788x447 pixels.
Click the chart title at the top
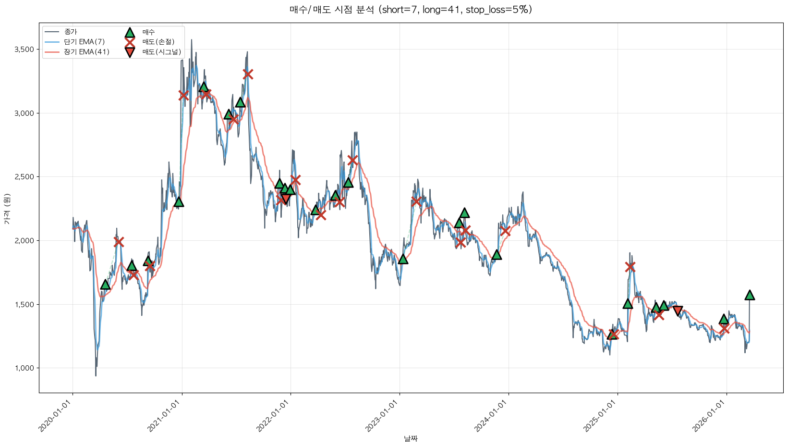411,10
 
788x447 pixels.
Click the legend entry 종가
70,32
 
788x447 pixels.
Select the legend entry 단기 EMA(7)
84,42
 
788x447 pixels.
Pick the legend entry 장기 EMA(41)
86,52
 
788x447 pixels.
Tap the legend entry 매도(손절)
158,42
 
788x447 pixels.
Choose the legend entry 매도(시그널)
161,52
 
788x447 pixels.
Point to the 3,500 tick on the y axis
24,50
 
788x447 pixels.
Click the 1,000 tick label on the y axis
24,368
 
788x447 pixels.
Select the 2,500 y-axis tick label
24,177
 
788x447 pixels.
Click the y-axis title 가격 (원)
7,209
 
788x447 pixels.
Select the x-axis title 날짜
411,438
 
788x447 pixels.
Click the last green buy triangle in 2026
750,295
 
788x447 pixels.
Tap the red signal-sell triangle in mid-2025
678,310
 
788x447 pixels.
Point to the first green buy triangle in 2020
105,285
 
